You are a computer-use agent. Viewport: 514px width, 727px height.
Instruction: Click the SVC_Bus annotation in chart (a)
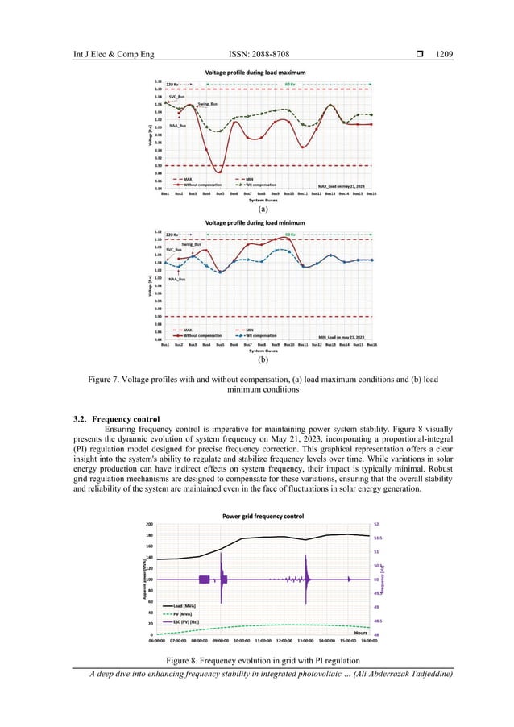pyautogui.click(x=168, y=96)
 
